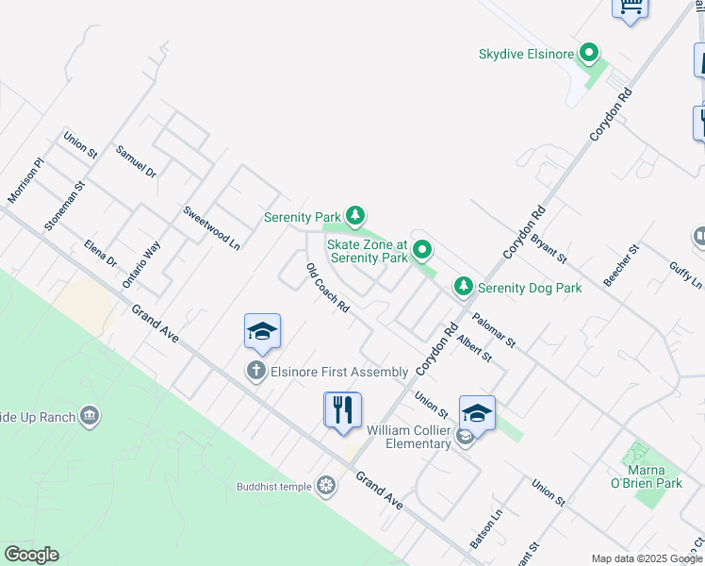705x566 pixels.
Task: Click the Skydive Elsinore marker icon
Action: point(590,54)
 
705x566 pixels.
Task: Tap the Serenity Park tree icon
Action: point(354,217)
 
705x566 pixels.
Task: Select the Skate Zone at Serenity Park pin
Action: point(423,250)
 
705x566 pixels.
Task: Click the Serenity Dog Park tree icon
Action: point(463,286)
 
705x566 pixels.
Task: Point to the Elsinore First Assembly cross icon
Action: point(255,371)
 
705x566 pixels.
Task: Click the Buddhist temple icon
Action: point(326,486)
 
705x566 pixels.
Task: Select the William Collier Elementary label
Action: point(409,437)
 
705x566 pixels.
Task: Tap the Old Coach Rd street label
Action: point(328,289)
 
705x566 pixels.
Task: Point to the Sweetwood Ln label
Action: point(212,227)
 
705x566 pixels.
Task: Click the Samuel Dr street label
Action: point(136,161)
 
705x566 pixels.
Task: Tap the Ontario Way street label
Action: point(141,265)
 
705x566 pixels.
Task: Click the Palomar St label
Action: point(494,329)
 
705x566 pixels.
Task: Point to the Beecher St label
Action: point(622,265)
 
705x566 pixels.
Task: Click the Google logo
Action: point(31,555)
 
